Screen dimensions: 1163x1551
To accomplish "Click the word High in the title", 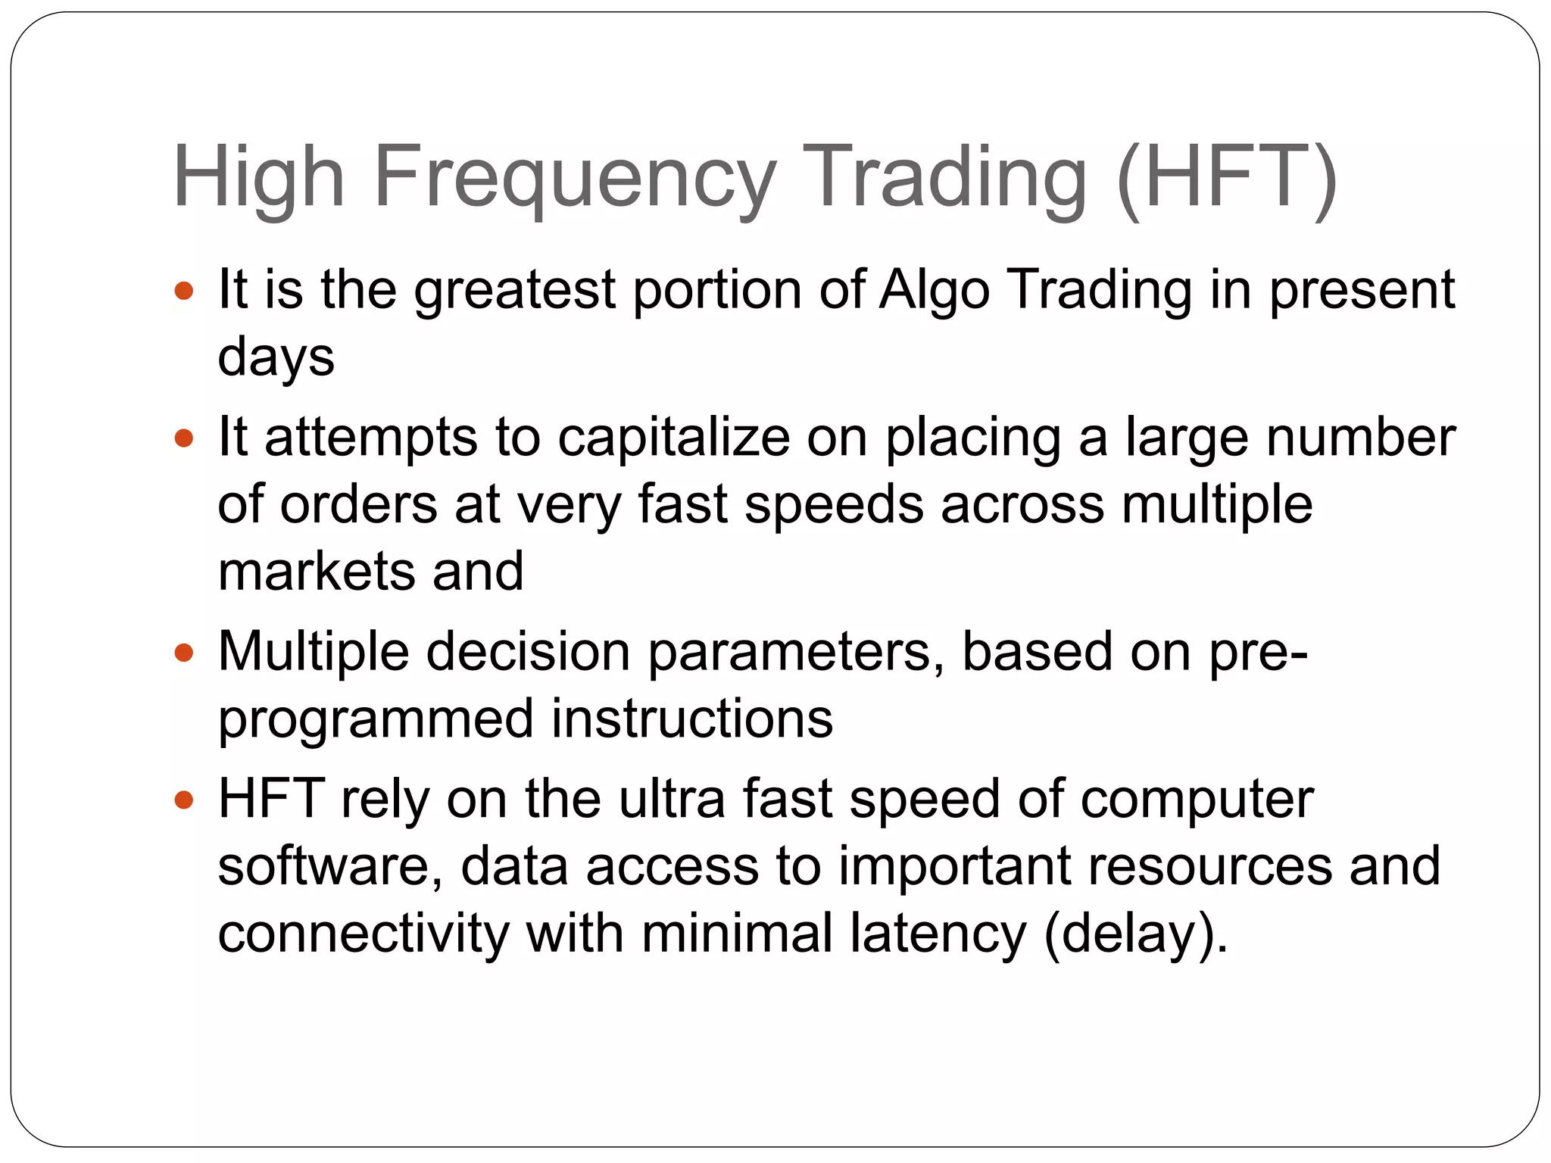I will (x=259, y=178).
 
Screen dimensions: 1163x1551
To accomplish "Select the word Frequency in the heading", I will (x=575, y=178).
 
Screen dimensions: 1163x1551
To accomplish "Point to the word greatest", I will (x=514, y=291).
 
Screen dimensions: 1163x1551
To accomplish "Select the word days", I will (x=276, y=357).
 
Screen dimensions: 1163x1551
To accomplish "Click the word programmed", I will (x=376, y=719).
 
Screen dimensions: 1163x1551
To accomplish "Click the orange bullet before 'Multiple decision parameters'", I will (x=184, y=652).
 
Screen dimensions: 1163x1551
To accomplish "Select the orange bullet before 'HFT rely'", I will (x=184, y=800).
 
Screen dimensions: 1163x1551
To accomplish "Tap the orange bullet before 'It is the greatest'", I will (x=184, y=291).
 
